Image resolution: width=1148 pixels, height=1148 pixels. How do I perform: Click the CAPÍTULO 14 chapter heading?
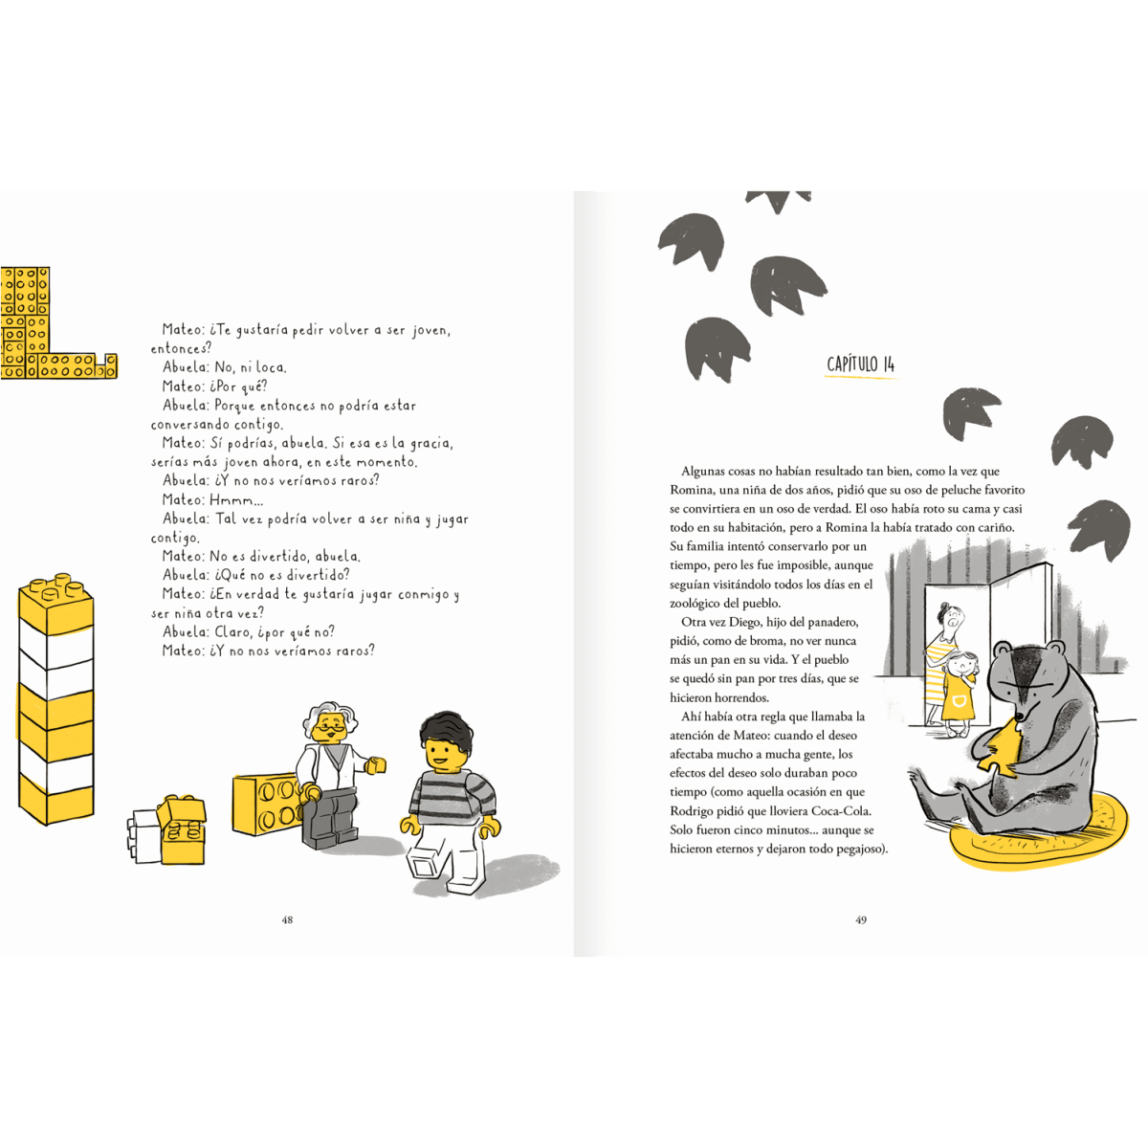860,364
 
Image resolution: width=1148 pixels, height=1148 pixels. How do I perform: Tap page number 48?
287,919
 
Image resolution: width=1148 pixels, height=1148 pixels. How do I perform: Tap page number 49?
861,919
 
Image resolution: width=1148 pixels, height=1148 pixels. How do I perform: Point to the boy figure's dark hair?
446,731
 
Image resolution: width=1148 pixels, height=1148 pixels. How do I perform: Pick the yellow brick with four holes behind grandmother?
267,803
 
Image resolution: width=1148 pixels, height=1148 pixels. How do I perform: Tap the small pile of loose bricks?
166,829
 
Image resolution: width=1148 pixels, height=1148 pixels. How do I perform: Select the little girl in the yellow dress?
959,693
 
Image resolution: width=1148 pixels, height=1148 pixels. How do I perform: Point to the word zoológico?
697,603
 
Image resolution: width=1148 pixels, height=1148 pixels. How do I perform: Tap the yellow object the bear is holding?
1001,755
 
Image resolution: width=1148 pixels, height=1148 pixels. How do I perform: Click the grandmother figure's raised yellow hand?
375,765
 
